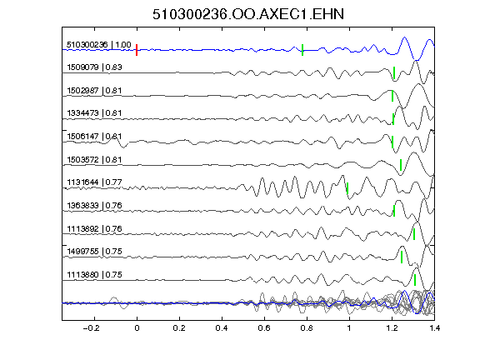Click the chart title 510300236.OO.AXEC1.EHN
point(248,14)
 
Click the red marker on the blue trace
point(137,50)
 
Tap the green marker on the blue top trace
point(302,50)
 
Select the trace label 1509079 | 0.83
point(94,67)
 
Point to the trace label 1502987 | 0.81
point(94,91)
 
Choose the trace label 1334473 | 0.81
point(94,113)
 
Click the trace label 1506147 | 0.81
point(94,136)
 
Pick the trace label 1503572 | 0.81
point(94,159)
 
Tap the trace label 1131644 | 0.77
point(94,182)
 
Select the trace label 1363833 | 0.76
point(94,205)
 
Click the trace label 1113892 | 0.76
point(94,228)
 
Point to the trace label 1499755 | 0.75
point(94,252)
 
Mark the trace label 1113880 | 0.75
point(94,275)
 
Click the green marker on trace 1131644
point(347,188)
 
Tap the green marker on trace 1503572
point(401,165)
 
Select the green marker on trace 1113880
point(415,280)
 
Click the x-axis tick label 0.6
point(264,328)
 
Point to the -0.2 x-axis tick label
point(91,328)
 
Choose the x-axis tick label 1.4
point(435,328)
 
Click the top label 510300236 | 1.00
point(99,45)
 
